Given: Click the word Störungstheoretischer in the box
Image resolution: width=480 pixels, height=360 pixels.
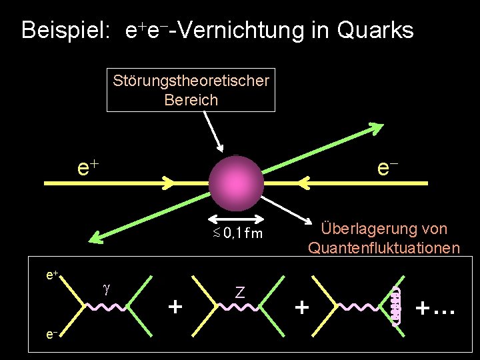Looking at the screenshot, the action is (x=191, y=81).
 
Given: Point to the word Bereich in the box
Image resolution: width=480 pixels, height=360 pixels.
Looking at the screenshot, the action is (x=191, y=100).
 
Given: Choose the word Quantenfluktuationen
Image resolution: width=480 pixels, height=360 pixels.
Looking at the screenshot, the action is (x=383, y=248).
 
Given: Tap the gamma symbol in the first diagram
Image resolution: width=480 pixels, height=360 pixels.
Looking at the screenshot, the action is (x=105, y=288).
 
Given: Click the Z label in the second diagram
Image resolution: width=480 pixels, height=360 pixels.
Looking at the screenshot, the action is (x=239, y=291).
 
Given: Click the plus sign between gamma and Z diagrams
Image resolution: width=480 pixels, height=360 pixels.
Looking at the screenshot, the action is (x=175, y=307).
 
